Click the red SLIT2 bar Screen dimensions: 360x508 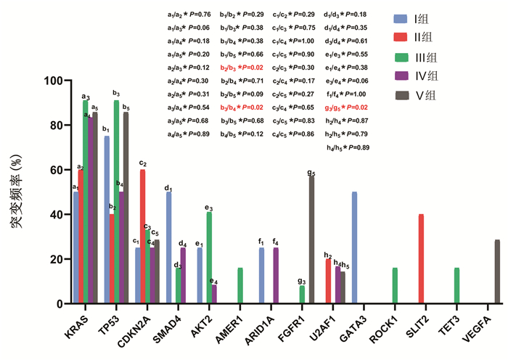(422, 259)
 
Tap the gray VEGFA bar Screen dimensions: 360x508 (497, 271)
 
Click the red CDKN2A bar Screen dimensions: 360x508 (142, 237)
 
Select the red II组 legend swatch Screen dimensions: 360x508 (401, 38)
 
